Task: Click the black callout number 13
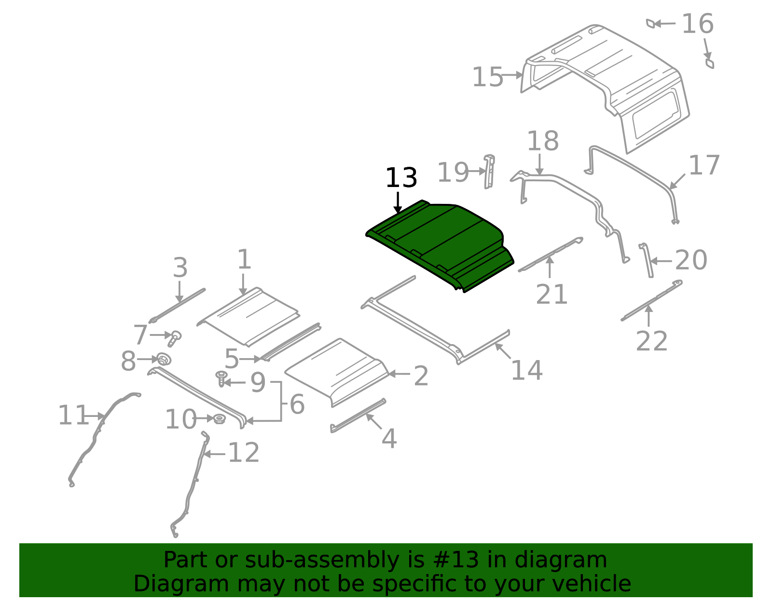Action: [x=401, y=178]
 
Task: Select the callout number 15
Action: [x=487, y=77]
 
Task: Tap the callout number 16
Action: [x=697, y=24]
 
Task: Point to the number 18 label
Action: [x=542, y=141]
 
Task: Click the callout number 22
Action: [x=651, y=341]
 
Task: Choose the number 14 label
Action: [x=526, y=371]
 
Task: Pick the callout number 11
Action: [x=73, y=415]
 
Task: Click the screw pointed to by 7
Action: [x=174, y=337]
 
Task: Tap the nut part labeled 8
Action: [x=164, y=359]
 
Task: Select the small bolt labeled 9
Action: [x=221, y=377]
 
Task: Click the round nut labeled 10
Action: [x=219, y=419]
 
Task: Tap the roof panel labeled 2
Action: [x=338, y=371]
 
